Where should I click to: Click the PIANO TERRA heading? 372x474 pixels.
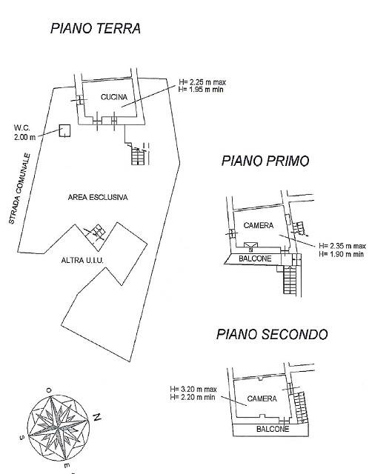click(96, 28)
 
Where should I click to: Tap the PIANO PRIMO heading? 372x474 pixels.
click(265, 161)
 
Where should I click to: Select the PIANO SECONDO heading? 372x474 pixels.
click(272, 334)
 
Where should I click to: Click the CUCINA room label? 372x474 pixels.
click(114, 97)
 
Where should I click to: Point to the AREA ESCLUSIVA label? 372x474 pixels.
click(98, 198)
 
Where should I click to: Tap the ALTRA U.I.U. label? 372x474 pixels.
click(82, 260)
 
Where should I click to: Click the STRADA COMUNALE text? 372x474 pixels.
click(20, 189)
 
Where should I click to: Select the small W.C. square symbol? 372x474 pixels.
click(64, 131)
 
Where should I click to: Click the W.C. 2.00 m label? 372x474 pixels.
click(24, 133)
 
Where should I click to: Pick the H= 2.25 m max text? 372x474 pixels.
click(202, 82)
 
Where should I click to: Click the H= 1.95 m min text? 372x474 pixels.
click(201, 89)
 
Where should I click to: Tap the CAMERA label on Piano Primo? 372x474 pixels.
click(259, 225)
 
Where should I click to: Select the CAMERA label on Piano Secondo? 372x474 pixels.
click(262, 398)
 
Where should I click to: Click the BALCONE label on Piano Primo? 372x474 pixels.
click(255, 258)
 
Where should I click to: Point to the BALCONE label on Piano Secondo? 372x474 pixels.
click(273, 429)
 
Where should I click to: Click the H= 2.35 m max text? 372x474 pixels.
click(342, 246)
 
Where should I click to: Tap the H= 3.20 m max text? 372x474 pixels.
click(193, 389)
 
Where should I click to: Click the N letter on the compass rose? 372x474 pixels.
click(97, 417)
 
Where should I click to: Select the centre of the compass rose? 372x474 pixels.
click(58, 428)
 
